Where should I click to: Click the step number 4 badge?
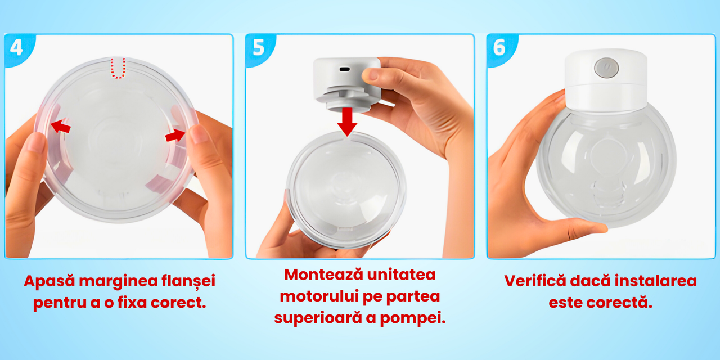[x=17, y=48]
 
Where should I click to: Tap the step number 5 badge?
[x=258, y=48]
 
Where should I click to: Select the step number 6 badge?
[x=499, y=48]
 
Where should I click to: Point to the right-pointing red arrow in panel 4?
[x=175, y=136]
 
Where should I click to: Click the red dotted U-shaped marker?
[x=118, y=68]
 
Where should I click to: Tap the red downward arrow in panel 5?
[x=347, y=121]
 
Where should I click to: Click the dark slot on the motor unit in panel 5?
[x=345, y=69]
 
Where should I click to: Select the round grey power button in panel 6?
[x=606, y=68]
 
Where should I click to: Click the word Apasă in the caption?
[x=49, y=281]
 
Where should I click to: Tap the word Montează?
[x=323, y=275]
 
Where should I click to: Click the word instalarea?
[x=656, y=281]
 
